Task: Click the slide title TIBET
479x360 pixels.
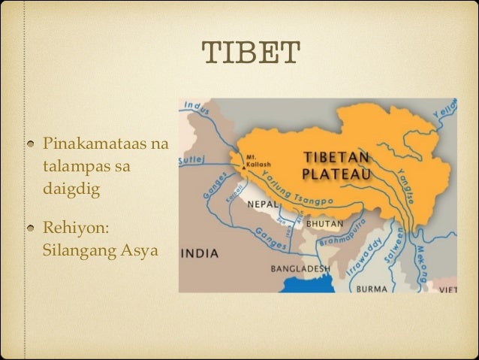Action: (251, 53)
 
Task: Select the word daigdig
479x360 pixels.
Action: (71, 188)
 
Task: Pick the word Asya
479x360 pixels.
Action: (140, 250)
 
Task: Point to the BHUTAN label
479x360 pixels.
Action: (324, 223)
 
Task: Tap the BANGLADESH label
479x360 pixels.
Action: (301, 268)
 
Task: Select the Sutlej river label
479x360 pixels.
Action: (188, 160)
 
